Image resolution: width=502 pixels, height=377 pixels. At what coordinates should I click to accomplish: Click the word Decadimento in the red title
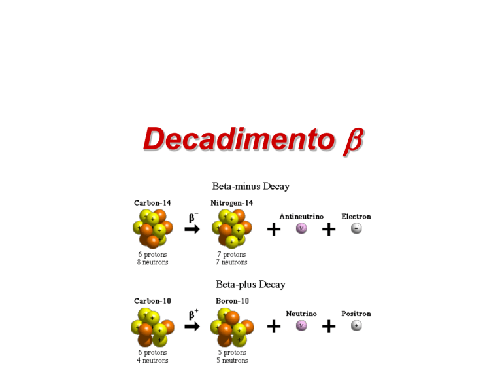tap(239, 139)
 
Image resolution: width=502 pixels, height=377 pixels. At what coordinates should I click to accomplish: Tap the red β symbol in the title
tap(353, 141)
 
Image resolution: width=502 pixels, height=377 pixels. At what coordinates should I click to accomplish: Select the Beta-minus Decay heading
tap(251, 187)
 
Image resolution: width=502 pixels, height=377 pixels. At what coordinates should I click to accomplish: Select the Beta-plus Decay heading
tap(250, 284)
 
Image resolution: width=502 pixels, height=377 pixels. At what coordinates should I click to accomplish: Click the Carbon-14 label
tap(152, 203)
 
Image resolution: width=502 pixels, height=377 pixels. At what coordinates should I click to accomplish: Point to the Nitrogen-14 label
tap(232, 203)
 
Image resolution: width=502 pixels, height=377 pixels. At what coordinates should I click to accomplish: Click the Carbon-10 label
tap(152, 301)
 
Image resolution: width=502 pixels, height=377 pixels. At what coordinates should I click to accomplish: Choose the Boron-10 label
tap(233, 301)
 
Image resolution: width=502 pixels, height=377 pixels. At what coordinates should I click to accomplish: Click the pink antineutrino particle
tap(301, 228)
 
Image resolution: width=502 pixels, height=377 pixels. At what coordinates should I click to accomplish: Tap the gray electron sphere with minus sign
tap(356, 228)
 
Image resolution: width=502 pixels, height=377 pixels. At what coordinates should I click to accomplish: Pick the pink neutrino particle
tap(301, 325)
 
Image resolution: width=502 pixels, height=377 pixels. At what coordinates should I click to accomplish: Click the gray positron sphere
tap(356, 325)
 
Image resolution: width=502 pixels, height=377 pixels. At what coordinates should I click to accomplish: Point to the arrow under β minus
tap(192, 229)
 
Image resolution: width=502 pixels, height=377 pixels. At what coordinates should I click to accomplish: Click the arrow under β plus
tap(192, 327)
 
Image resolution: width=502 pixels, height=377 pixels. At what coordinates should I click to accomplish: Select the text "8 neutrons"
tap(153, 262)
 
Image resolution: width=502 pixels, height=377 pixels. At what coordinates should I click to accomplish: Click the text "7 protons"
tap(231, 254)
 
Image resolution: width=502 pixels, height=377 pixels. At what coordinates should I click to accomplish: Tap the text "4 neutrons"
tap(152, 361)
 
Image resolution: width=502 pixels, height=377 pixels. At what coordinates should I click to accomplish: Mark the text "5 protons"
tap(232, 353)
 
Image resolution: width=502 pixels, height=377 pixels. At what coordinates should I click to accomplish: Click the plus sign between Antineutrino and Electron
tap(329, 229)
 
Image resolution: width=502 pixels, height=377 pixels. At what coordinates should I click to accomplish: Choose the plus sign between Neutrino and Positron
tap(329, 327)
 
